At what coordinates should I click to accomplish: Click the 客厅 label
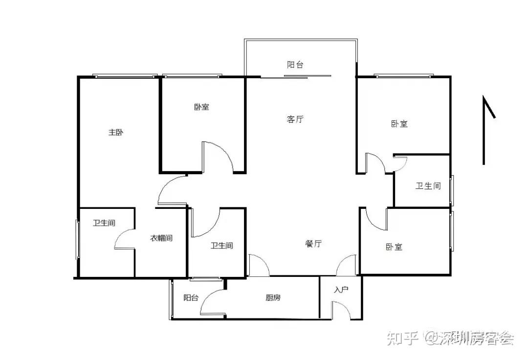pos(295,119)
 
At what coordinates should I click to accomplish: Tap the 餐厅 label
pos(313,244)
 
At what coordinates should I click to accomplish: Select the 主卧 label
pos(115,132)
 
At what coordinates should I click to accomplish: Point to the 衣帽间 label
pos(161,238)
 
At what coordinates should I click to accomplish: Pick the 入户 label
pos(341,290)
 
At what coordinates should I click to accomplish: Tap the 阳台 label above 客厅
pos(295,65)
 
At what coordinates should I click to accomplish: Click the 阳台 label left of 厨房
pos(191,297)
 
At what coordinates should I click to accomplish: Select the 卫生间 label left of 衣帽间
pos(104,223)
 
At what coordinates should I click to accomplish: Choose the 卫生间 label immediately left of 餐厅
pos(221,246)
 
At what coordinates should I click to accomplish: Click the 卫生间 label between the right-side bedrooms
pos(428,186)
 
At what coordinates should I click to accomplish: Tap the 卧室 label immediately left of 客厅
pos(201,107)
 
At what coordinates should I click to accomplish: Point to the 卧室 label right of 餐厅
pos(394,247)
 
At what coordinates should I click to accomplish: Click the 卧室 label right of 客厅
pos(399,124)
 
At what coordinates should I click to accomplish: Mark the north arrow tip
pos(484,97)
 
